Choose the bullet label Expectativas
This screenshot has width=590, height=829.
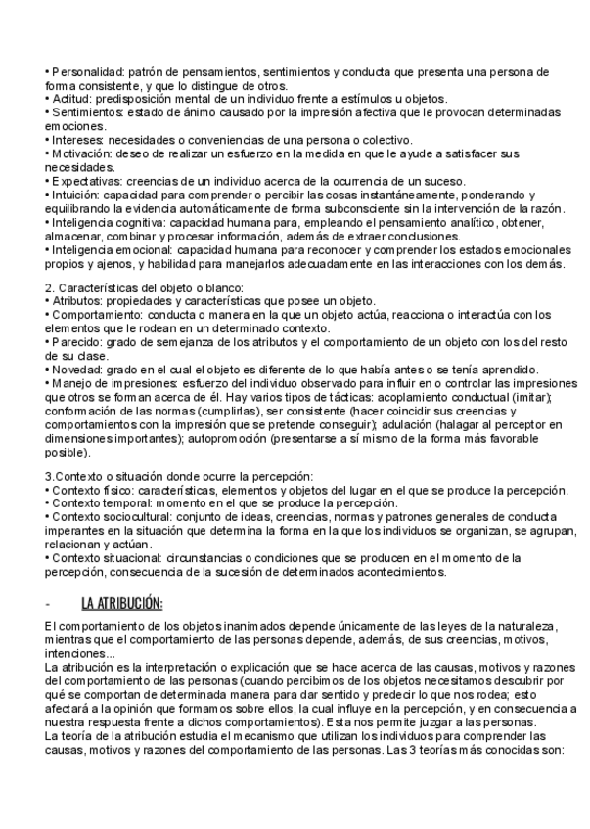click(x=86, y=181)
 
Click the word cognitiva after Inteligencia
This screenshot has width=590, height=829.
click(x=143, y=222)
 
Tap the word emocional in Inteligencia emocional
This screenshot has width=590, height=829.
click(x=147, y=249)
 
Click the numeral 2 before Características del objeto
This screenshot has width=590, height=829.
click(x=49, y=287)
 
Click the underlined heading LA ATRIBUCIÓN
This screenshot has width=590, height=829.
click(x=121, y=603)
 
